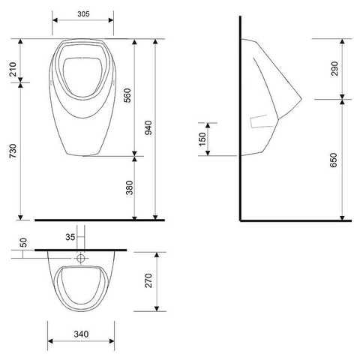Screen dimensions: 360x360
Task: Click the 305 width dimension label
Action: (x=83, y=14)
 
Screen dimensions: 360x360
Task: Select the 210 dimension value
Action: (x=13, y=69)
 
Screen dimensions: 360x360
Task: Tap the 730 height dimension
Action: (x=13, y=151)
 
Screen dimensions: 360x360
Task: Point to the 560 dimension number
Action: (x=127, y=95)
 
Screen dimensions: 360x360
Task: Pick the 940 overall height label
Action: (x=148, y=127)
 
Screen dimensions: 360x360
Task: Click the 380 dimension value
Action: (x=130, y=187)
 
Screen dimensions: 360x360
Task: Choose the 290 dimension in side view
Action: (x=334, y=68)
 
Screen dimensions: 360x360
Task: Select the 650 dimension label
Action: (x=334, y=160)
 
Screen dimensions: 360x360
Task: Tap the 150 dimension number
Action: (x=202, y=139)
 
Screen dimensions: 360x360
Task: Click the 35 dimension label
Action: (x=70, y=237)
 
